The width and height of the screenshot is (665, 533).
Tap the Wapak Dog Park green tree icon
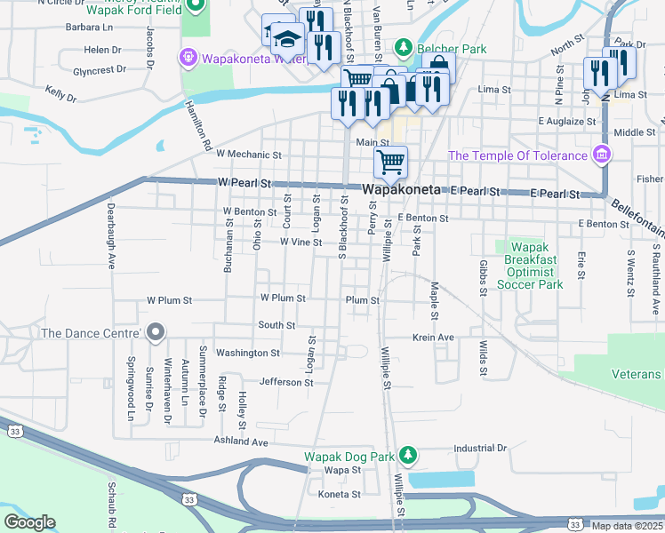tap(408, 456)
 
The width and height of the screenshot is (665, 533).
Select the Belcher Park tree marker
tap(403, 47)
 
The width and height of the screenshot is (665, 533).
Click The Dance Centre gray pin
tap(156, 333)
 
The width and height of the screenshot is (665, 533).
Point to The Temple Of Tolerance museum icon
tap(602, 155)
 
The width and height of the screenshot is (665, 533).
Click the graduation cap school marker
tap(287, 38)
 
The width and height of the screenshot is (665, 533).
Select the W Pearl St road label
tap(244, 184)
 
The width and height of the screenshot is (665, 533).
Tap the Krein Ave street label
tap(433, 338)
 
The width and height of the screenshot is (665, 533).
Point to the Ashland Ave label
tap(240, 441)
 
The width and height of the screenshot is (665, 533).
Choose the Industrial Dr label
tap(479, 447)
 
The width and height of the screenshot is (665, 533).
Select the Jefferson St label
tap(286, 383)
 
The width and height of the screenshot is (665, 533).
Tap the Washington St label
tap(248, 353)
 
